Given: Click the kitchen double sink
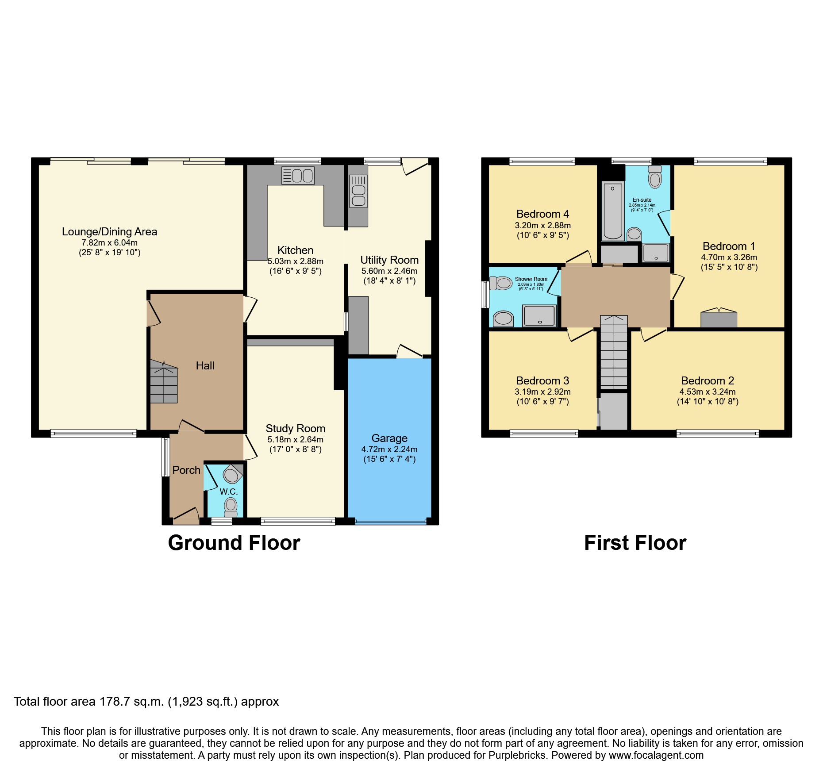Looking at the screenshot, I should [298, 176].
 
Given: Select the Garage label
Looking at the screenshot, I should [389, 438].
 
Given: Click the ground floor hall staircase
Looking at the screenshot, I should [164, 382].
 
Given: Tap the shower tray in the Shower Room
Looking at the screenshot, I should [539, 316].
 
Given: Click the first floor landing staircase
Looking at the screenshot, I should [614, 352].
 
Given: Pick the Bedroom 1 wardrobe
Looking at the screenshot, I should [719, 319].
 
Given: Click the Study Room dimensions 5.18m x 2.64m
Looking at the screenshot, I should [295, 439].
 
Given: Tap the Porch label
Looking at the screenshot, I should [186, 470].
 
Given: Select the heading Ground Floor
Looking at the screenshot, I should [234, 543].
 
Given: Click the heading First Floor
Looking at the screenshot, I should [635, 543].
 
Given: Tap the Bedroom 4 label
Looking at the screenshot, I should [542, 214].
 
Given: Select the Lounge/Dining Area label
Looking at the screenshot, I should [109, 231].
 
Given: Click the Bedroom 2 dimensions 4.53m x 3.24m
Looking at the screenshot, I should [707, 392].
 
